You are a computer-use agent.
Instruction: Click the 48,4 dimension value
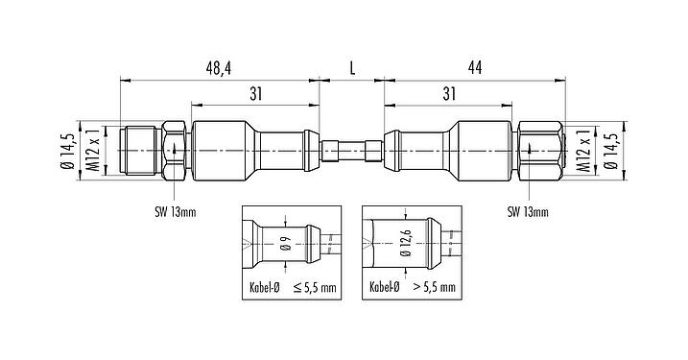pos(220,68)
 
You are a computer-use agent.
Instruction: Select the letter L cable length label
pos(352,68)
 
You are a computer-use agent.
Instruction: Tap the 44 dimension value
pos(475,68)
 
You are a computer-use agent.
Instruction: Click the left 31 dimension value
pos(255,93)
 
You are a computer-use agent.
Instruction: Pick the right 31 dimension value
pos(449,93)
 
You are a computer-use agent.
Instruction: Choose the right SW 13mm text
pos(529,212)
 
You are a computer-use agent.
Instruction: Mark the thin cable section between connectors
pos(352,152)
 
